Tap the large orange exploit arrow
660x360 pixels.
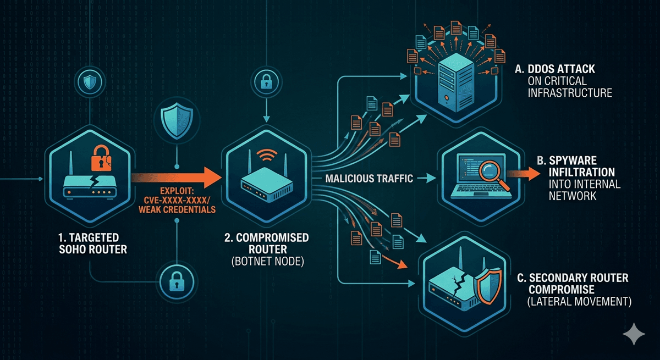coord(176,177)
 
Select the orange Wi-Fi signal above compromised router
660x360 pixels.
coord(267,155)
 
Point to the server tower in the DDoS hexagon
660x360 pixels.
coord(456,82)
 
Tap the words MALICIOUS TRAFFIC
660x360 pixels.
coord(369,179)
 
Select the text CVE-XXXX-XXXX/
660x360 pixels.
coord(177,200)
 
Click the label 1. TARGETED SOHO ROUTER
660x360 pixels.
coord(93,243)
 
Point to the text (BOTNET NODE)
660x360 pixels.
coord(267,262)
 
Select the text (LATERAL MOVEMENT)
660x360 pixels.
coord(579,302)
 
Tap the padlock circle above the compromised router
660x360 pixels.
coord(266,81)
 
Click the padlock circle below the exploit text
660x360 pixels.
coord(177,281)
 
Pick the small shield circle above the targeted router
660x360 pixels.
coord(90,82)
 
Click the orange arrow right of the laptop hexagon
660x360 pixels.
coord(523,173)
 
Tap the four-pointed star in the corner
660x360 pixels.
coord(634,334)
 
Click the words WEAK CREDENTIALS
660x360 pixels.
coord(177,209)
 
